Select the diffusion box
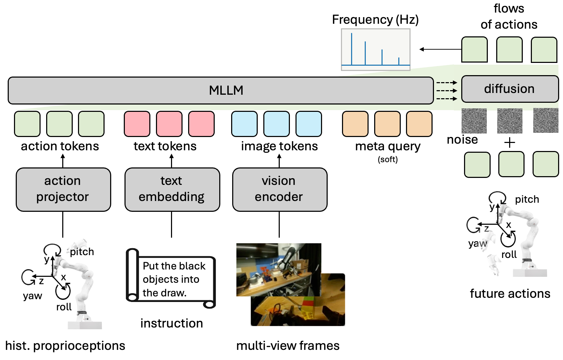click(x=509, y=89)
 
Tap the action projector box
click(x=63, y=189)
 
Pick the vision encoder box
click(x=279, y=189)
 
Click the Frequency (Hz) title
click(x=375, y=20)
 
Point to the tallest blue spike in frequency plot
click(x=351, y=49)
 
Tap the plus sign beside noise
click(x=509, y=143)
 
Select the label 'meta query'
click(x=388, y=146)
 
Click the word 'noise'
click(x=462, y=140)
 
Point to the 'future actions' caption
click(x=510, y=294)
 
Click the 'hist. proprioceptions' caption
click(x=65, y=346)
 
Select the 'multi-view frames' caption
click(x=288, y=346)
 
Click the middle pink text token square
click(x=169, y=124)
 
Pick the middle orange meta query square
click(x=387, y=124)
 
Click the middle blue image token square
click(x=276, y=124)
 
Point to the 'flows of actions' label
click(x=509, y=16)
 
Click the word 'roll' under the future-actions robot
click(x=509, y=254)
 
